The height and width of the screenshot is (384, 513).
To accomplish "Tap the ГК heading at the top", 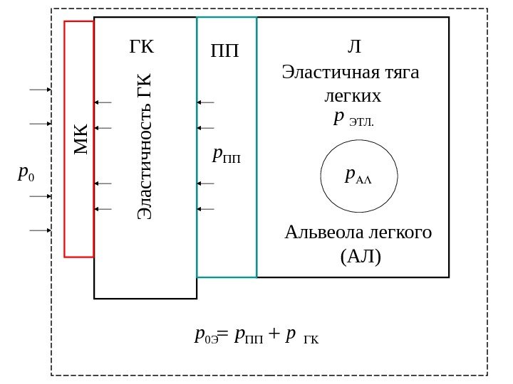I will tap(141, 48).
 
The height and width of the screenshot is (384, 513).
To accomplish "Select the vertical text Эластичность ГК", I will tap(145, 146).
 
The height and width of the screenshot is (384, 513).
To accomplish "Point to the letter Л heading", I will tap(353, 47).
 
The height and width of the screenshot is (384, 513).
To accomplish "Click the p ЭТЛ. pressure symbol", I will tap(353, 118).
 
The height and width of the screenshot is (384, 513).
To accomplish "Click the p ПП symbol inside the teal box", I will tap(227, 154).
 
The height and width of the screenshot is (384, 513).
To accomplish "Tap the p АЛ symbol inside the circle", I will tap(358, 175).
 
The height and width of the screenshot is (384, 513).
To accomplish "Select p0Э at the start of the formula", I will tap(205, 336).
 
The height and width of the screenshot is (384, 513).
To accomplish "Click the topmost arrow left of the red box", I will tap(39, 90).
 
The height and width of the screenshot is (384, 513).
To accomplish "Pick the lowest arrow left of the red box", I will tap(39, 230).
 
